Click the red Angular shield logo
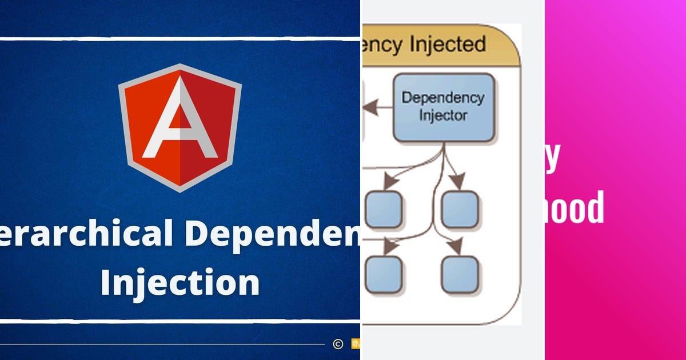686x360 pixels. coord(180,127)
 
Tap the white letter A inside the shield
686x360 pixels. coord(180,123)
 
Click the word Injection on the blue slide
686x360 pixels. coord(180,282)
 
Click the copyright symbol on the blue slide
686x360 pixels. coord(338,343)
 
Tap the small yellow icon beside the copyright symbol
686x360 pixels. coord(355,343)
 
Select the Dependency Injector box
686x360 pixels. coord(443,107)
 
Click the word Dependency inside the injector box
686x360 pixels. coord(443,98)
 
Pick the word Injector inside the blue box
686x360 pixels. coord(443,115)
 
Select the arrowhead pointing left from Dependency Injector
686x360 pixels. coord(372,106)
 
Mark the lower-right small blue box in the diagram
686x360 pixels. coord(460,274)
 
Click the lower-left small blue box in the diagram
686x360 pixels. coord(383,274)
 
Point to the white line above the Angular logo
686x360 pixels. coord(180,39)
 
